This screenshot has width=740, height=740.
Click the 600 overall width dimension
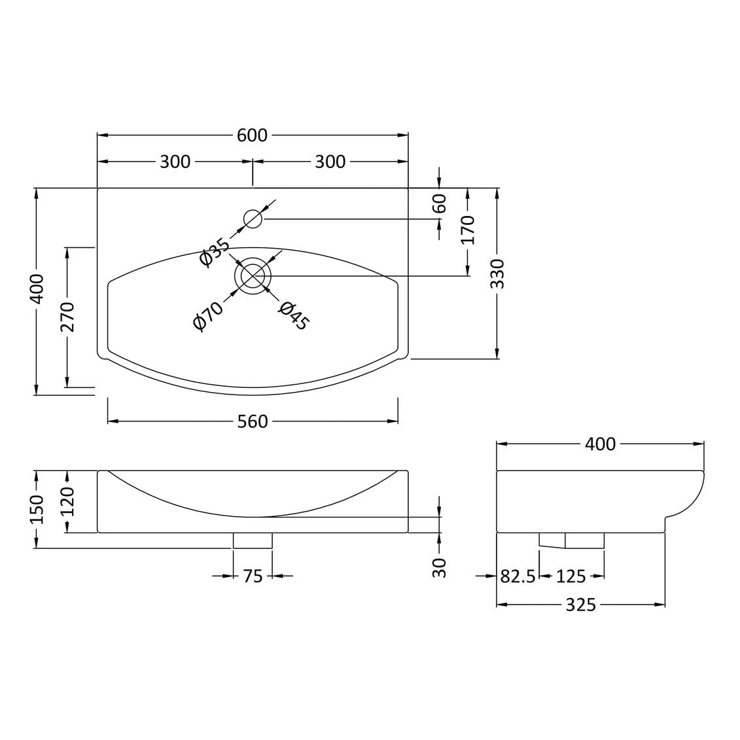(x=252, y=135)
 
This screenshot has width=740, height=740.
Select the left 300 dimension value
(x=175, y=162)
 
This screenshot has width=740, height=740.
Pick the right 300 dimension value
(x=330, y=162)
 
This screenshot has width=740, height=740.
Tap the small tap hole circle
(x=253, y=219)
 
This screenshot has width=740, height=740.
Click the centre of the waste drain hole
(x=253, y=275)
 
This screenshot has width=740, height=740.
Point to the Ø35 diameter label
(x=214, y=253)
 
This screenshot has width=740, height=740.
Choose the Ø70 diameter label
(x=207, y=316)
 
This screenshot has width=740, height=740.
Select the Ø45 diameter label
(x=294, y=316)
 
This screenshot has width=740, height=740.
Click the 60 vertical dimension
(x=440, y=203)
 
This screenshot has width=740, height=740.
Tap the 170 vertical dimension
(x=468, y=230)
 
